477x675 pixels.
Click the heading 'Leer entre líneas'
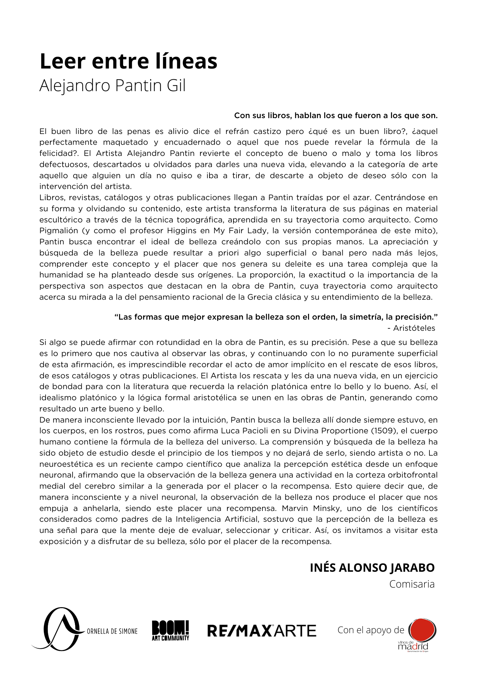tap(128, 61)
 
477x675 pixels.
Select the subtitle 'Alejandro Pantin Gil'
tap(112, 86)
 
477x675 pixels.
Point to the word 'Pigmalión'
tap(59, 231)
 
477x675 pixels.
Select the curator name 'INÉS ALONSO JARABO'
tap(372, 568)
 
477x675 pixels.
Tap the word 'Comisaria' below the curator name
tap(412, 584)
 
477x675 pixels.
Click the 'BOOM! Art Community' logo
tap(170, 630)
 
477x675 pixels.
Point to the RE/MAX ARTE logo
tap(262, 631)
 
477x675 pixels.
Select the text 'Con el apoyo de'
tap(371, 630)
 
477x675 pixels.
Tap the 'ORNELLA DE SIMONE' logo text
tap(112, 631)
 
